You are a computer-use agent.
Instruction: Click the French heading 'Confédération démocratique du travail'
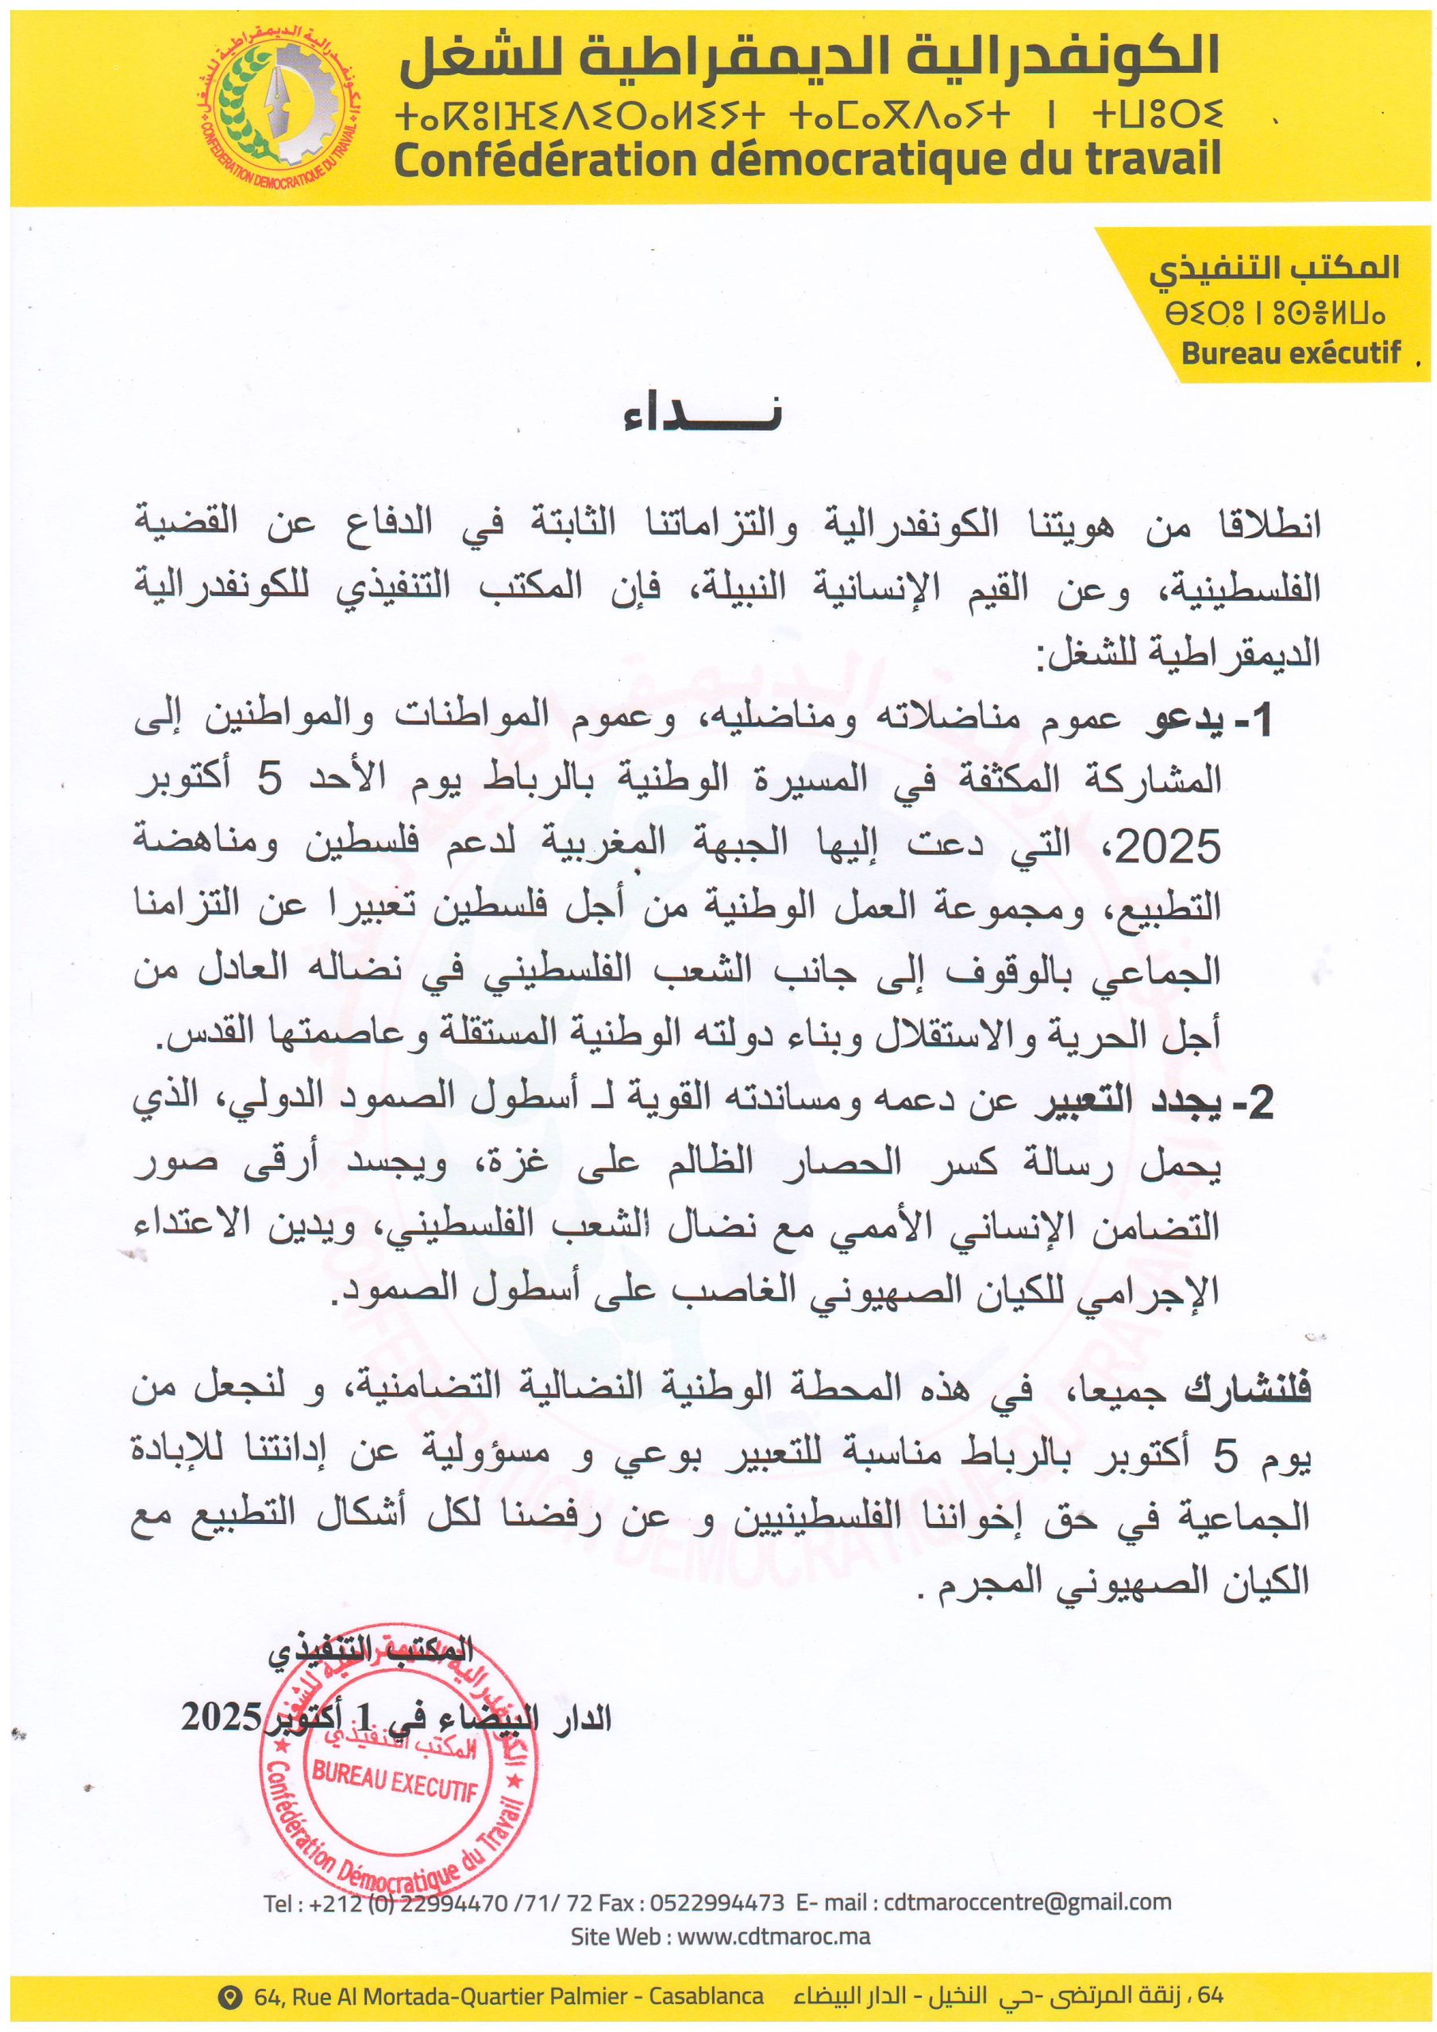[807, 160]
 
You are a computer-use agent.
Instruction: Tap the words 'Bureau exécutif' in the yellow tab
[1291, 353]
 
